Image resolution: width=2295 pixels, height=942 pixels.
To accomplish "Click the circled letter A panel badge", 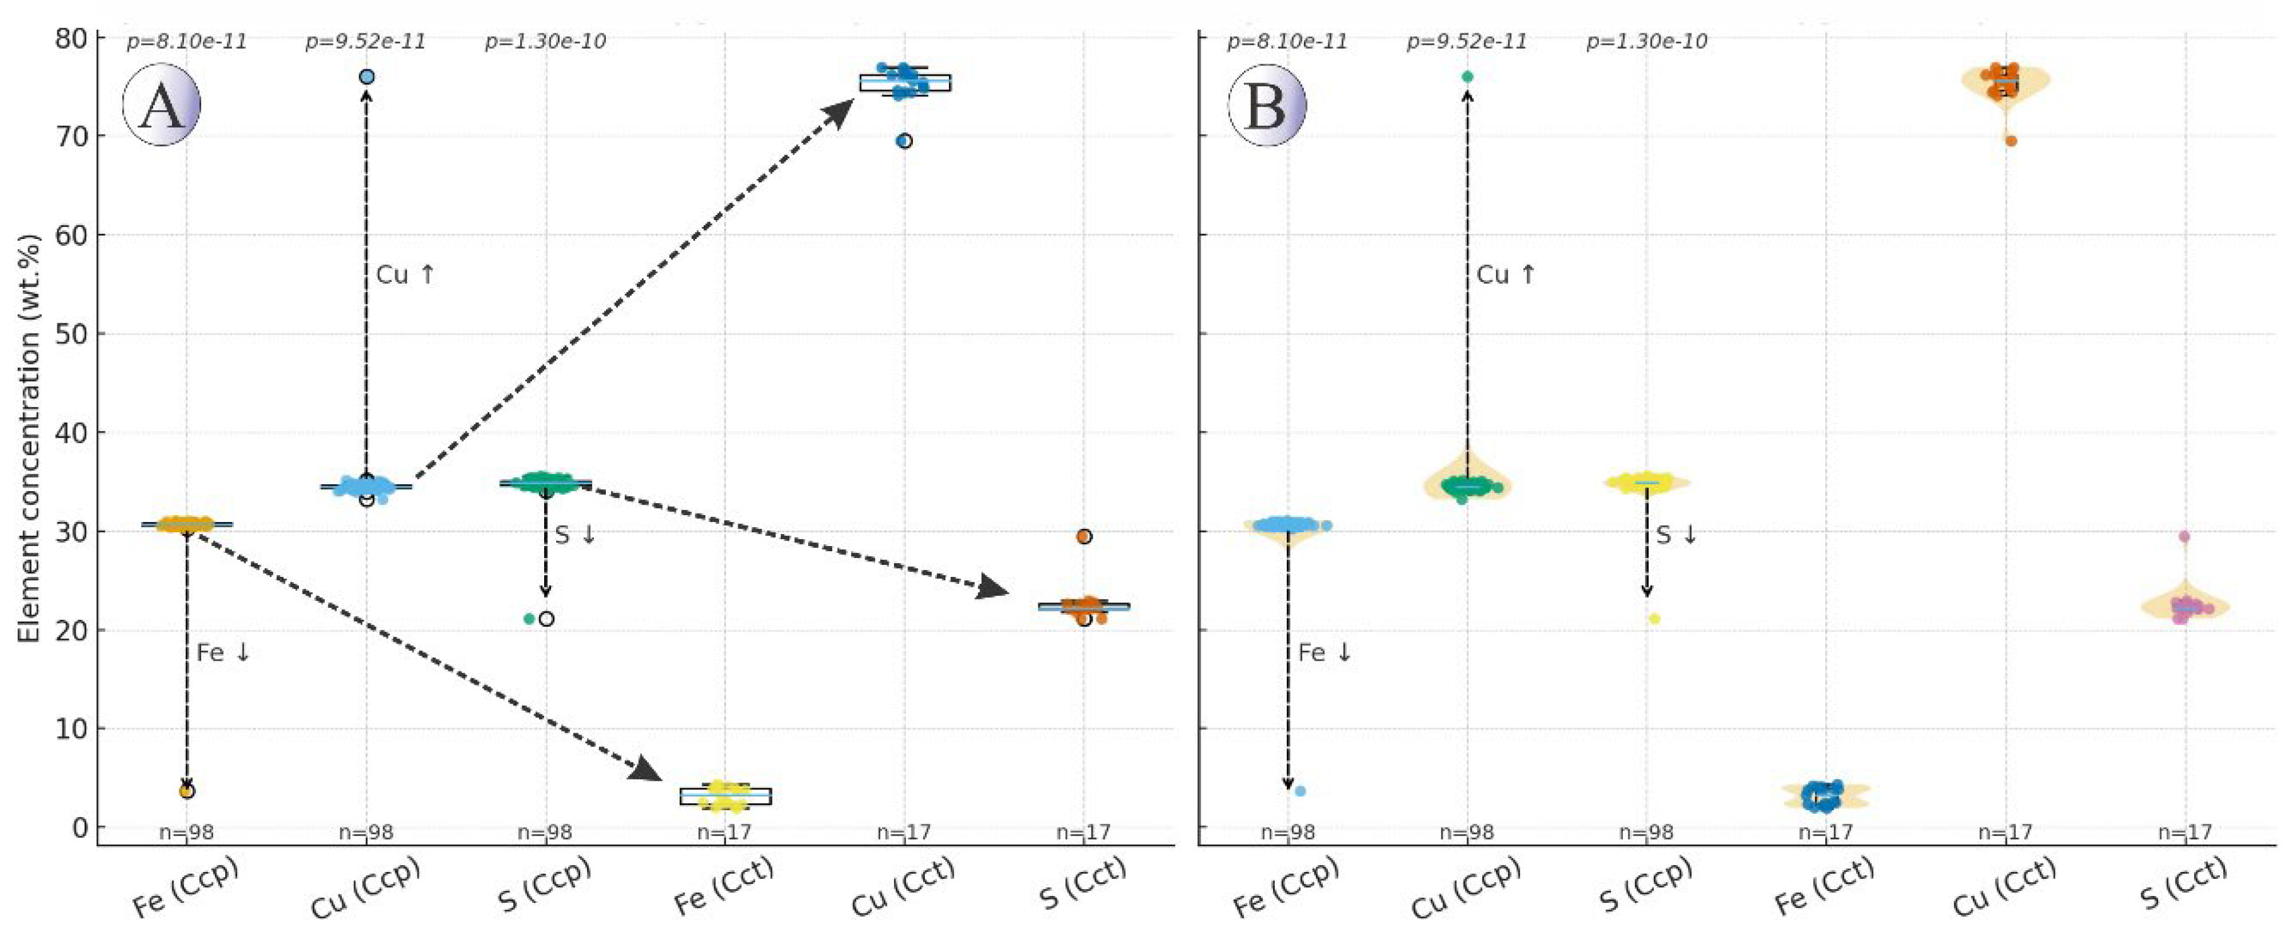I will coord(161,105).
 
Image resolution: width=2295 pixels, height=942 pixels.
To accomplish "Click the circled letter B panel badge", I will coord(1266,105).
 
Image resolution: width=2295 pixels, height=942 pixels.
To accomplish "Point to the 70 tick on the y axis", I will coord(69,136).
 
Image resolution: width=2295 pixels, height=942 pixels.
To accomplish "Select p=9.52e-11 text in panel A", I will coord(365,42).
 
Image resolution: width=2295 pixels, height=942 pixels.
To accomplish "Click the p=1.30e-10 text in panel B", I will coord(1646,42).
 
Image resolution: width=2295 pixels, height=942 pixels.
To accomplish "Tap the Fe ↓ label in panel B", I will coord(1325,653).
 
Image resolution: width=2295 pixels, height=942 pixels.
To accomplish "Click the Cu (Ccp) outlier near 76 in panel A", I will coord(366,77).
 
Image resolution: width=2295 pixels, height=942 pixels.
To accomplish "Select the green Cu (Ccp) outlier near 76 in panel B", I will coord(1467,77).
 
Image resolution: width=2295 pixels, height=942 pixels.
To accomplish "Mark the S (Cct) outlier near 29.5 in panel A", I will coord(1083,537).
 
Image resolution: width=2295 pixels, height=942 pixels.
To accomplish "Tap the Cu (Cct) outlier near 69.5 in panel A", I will coord(904,141).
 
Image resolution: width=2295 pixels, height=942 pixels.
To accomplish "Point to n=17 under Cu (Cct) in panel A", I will coord(903,832).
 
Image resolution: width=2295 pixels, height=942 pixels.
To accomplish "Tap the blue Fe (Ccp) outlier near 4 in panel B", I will coord(1300,791).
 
